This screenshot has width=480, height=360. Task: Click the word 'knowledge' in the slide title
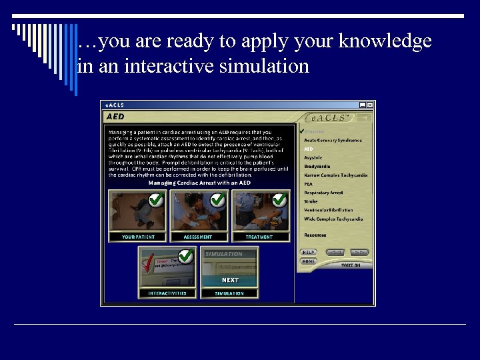pyautogui.click(x=385, y=41)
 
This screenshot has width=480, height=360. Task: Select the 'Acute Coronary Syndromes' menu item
pyautogui.click(x=333, y=141)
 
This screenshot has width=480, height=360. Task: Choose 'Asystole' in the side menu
pyautogui.click(x=313, y=158)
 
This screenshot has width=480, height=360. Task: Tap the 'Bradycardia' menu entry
pyautogui.click(x=317, y=167)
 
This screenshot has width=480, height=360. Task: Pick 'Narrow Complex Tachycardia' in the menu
pyautogui.click(x=335, y=175)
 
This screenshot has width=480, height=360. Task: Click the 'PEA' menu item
pyautogui.click(x=309, y=184)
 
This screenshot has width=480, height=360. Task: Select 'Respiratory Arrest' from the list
pyautogui.click(x=323, y=193)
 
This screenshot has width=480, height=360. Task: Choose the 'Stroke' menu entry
pyautogui.click(x=311, y=201)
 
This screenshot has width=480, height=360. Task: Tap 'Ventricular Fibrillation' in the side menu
pyautogui.click(x=329, y=210)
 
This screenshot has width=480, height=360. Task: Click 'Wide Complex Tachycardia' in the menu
pyautogui.click(x=333, y=219)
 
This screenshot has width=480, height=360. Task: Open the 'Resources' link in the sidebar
pyautogui.click(x=315, y=235)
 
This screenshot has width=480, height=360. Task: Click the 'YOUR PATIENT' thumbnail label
pyautogui.click(x=138, y=237)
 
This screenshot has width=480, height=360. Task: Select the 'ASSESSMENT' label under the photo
pyautogui.click(x=198, y=237)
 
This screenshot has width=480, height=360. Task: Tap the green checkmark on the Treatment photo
pyautogui.click(x=279, y=199)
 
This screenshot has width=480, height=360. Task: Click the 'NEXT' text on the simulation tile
pyautogui.click(x=230, y=280)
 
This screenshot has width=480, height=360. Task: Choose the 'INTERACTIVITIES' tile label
pyautogui.click(x=168, y=293)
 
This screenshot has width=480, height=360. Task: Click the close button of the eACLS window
pyautogui.click(x=370, y=105)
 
